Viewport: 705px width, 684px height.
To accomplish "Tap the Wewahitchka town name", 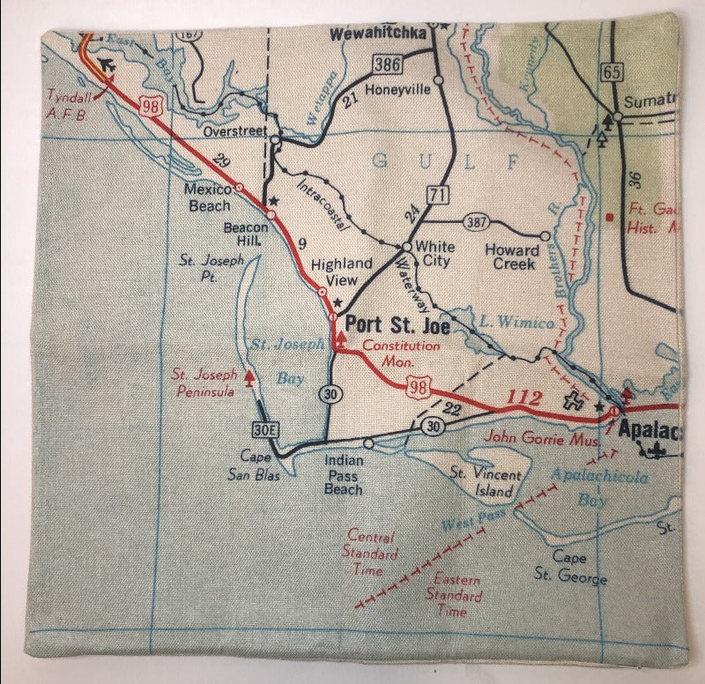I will pyautogui.click(x=376, y=33).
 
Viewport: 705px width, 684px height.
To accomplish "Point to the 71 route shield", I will pyautogui.click(x=434, y=194).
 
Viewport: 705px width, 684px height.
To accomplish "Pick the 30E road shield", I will pyautogui.click(x=264, y=429).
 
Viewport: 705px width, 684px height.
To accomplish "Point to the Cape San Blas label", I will pyautogui.click(x=263, y=464).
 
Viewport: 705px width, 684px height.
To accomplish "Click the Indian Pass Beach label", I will pyautogui.click(x=343, y=474).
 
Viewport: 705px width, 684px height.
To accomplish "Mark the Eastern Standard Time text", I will pyautogui.click(x=457, y=595).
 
